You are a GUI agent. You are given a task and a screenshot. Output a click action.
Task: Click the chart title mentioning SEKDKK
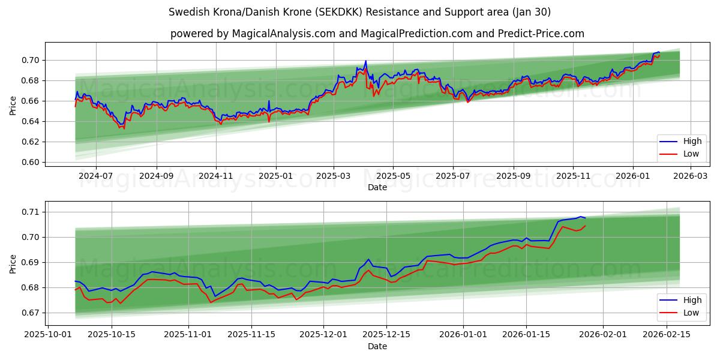click(x=360, y=12)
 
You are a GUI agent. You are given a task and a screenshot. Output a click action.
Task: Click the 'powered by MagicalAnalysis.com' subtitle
click(x=377, y=34)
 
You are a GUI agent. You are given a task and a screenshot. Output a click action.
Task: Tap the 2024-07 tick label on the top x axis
click(x=96, y=176)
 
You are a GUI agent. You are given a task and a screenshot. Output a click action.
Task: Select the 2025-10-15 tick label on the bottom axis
click(x=112, y=335)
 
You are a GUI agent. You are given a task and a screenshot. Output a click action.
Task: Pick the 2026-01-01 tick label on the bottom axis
click(x=463, y=335)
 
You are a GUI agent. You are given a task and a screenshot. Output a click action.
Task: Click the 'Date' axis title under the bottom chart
click(x=377, y=346)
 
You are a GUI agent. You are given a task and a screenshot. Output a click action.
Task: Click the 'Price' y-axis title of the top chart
click(x=13, y=106)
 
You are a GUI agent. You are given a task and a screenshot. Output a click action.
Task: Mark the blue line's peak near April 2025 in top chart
click(x=365, y=61)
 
